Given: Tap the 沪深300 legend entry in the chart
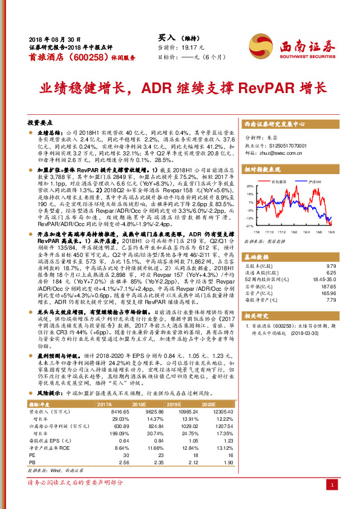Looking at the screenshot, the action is click(315, 181).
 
